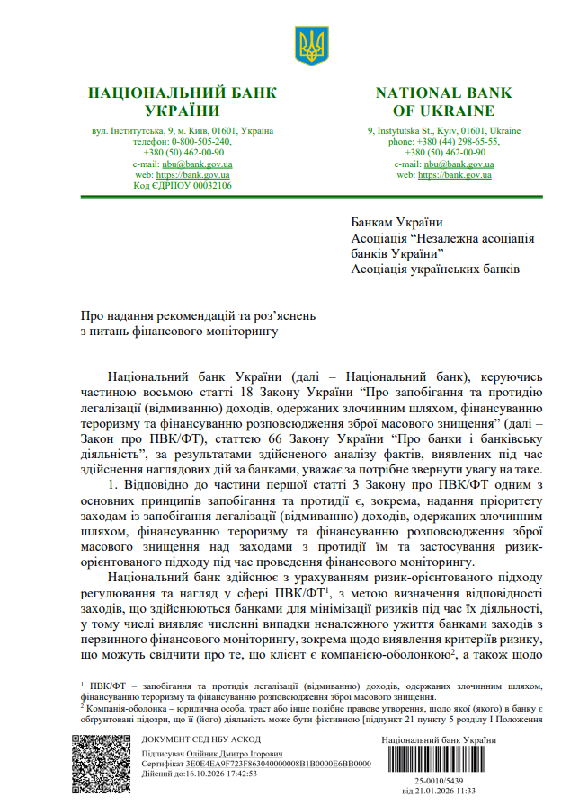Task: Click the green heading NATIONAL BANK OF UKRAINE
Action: [443, 102]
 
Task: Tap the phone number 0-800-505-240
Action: [196, 142]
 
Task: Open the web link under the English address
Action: [455, 175]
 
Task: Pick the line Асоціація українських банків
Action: [434, 269]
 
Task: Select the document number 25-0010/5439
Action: [439, 782]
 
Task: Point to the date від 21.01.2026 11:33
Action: [439, 792]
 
